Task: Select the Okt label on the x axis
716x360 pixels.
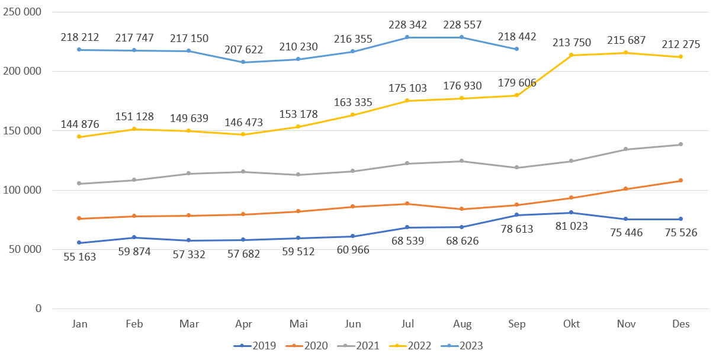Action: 571,324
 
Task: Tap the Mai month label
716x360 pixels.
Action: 298,324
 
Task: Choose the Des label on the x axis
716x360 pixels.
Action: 680,324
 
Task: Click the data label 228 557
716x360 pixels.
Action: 462,25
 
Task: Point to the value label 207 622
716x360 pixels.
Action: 244,50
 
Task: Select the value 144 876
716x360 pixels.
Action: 80,124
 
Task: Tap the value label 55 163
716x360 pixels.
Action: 80,256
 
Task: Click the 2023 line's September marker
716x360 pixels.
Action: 516,49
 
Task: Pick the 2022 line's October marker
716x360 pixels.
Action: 571,55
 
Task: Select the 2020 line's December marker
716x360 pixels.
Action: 680,181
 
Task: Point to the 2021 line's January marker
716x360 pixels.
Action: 79,184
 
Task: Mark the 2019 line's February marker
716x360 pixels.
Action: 134,237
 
